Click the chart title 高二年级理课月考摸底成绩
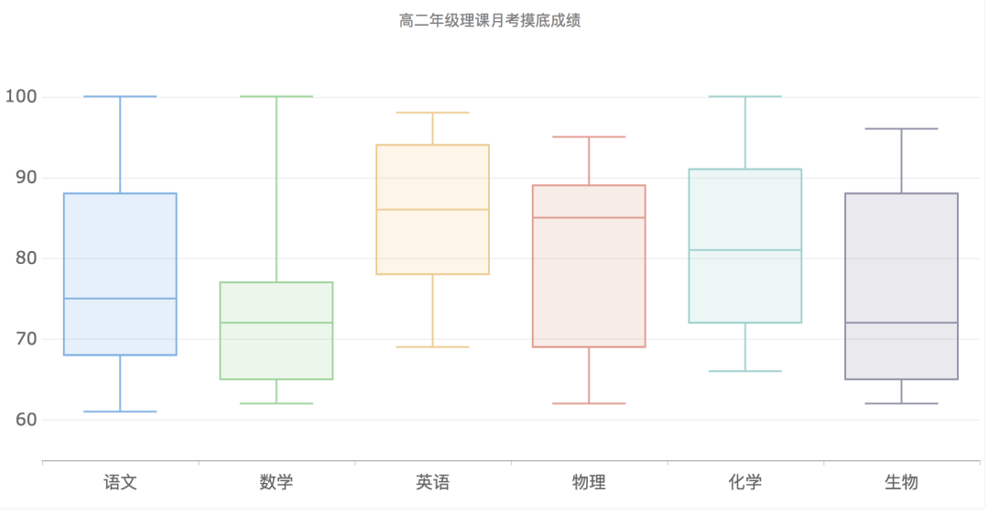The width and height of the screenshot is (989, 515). [x=490, y=20]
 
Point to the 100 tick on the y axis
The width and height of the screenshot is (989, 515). [x=20, y=96]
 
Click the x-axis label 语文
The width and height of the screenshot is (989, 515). [x=120, y=482]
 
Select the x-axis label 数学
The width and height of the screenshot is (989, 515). [x=277, y=482]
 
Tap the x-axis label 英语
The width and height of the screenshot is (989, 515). [x=432, y=482]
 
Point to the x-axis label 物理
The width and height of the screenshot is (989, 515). [x=589, y=482]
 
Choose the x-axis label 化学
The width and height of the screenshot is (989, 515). [x=745, y=482]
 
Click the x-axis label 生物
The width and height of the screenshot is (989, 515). [x=901, y=482]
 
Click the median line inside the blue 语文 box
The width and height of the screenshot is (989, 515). [x=120, y=298]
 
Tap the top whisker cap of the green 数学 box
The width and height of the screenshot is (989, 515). [x=277, y=96]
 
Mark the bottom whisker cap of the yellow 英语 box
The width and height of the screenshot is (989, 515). [x=432, y=346]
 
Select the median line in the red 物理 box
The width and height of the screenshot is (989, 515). [x=589, y=217]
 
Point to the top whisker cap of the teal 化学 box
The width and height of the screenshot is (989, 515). [x=745, y=96]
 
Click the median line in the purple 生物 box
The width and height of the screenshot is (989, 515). [x=901, y=323]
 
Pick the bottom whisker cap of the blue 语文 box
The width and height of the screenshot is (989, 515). [x=120, y=411]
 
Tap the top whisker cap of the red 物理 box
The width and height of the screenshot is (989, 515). [x=589, y=137]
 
